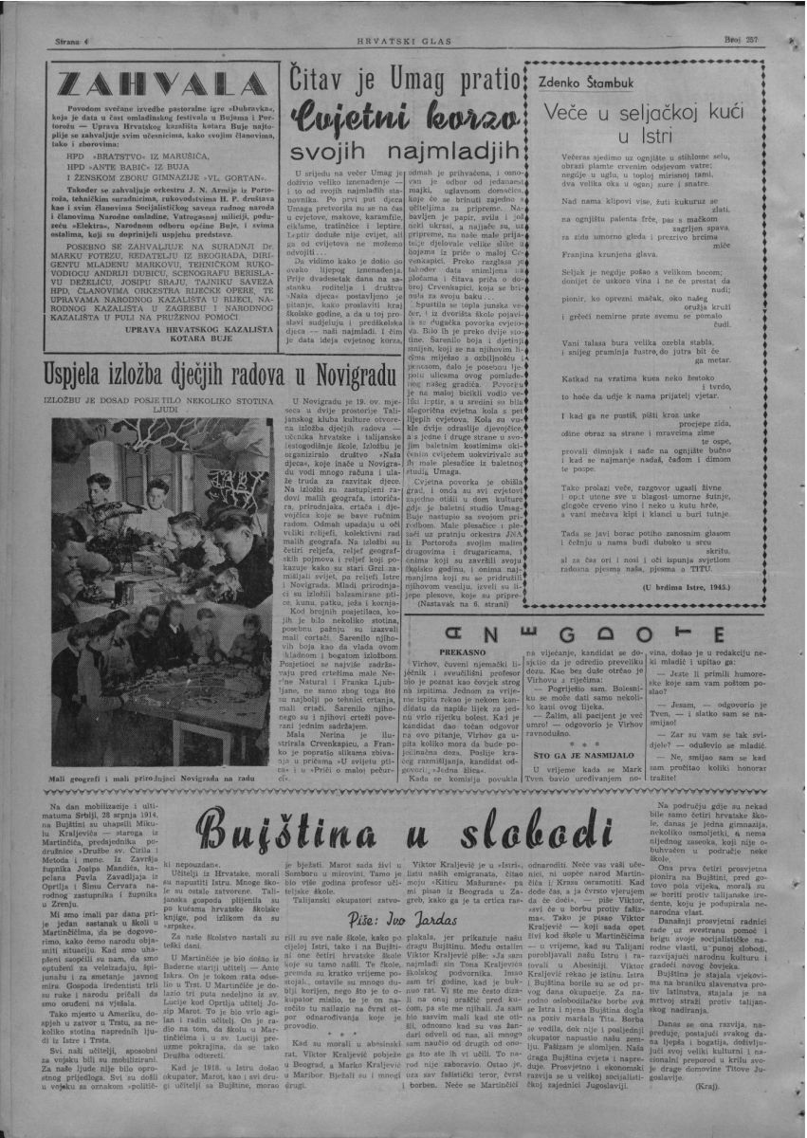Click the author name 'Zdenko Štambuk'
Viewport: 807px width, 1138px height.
coord(588,83)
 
